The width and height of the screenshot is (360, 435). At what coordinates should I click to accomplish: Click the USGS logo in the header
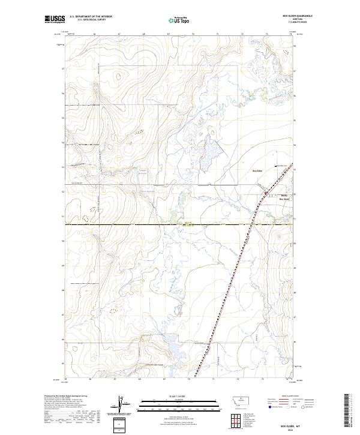(55, 20)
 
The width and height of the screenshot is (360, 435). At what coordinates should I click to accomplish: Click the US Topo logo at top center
(178, 21)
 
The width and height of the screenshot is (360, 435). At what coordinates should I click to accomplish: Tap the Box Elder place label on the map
(257, 171)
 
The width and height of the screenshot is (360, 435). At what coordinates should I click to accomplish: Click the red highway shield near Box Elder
(265, 191)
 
